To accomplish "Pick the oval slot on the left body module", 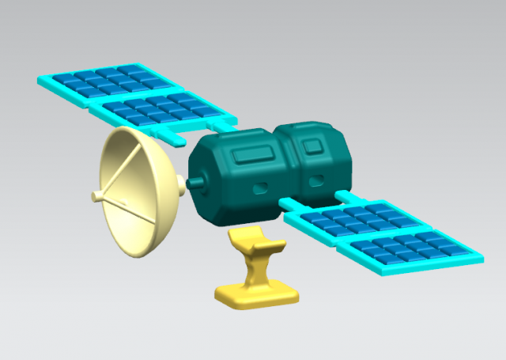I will pyautogui.click(x=260, y=188).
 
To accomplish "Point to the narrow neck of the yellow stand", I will pyautogui.click(x=254, y=269).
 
